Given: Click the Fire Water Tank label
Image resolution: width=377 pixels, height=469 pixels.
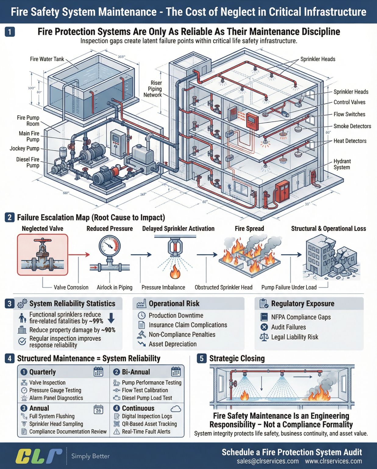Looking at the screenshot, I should pos(47,59).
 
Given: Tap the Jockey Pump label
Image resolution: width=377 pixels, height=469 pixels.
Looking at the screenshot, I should pos(24,149).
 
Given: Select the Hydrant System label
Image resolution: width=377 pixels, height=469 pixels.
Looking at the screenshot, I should pos(342,164).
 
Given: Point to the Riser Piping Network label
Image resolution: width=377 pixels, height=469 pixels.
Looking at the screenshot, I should pos(153,89).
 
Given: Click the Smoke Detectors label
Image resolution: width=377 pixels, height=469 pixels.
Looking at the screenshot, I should pos(352,126).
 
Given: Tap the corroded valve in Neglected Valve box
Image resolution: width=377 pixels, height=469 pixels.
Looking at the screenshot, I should pos(42,254).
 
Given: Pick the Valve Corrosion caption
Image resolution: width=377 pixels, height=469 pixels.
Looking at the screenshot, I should pos(71,287).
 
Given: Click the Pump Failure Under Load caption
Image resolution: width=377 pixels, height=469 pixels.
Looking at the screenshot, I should pos(289,287).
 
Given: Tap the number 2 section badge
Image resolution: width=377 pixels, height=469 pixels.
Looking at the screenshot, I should pos(9,217).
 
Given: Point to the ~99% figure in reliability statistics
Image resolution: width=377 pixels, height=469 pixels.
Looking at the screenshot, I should pos(96,321).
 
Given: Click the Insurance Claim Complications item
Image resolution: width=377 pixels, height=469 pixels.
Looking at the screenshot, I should pos(188,325).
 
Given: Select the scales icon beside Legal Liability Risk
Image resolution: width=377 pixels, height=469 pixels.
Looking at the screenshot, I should pos(264,337).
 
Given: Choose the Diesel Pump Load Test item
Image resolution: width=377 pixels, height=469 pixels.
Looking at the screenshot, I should pos(147,398).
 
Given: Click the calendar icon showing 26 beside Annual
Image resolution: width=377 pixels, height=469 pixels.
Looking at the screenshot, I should pos(98,409).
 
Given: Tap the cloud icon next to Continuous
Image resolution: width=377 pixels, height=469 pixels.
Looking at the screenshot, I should pos(176,409).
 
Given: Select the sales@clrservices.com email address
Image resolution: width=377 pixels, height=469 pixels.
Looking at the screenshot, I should pos(268,461).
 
